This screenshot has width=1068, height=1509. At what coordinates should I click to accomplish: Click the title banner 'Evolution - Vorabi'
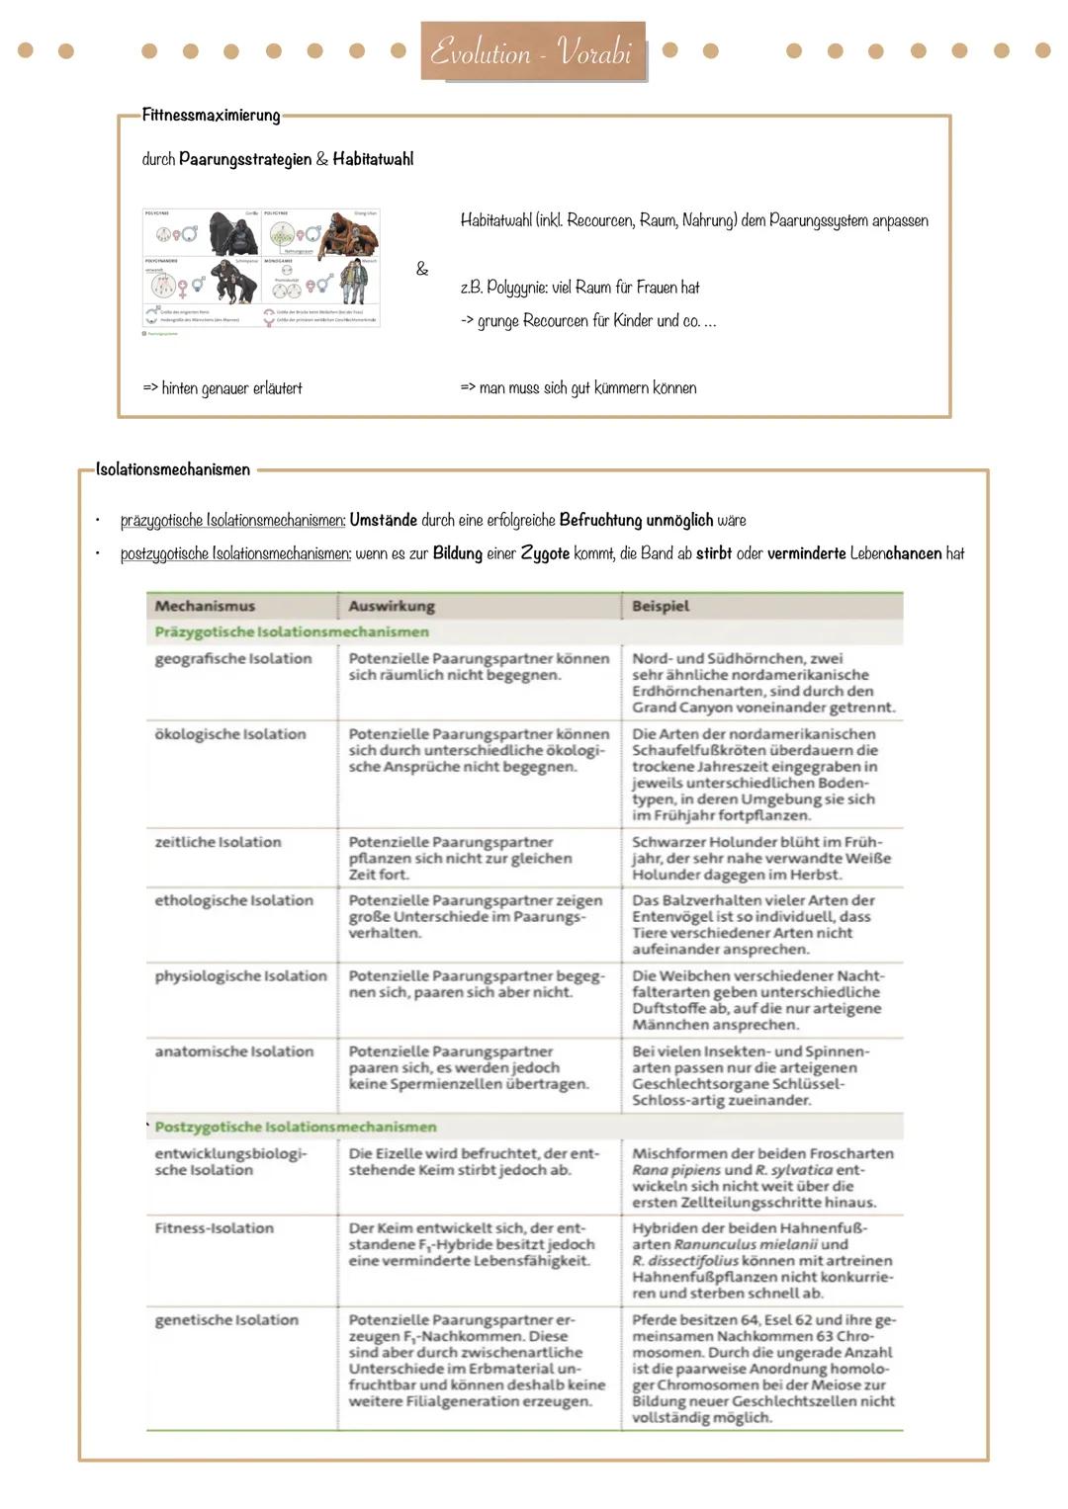click(x=532, y=51)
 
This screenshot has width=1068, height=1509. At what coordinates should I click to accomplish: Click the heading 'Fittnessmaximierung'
click(x=211, y=115)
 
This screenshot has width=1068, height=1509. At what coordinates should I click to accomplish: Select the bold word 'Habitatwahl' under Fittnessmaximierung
click(x=373, y=159)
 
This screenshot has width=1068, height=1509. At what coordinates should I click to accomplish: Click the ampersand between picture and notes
click(x=422, y=269)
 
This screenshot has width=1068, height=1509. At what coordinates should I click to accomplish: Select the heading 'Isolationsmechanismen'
click(x=173, y=469)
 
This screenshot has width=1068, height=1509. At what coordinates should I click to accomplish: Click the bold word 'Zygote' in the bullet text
click(x=545, y=553)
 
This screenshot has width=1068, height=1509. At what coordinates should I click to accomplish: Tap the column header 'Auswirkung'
click(x=392, y=606)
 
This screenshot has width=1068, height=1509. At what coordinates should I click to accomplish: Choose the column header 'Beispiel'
click(x=661, y=606)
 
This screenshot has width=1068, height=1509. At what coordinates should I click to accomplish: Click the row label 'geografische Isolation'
click(x=233, y=659)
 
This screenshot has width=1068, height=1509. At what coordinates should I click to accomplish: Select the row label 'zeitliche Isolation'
click(x=218, y=842)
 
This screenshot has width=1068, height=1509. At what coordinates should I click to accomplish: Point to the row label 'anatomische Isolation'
click(x=233, y=1051)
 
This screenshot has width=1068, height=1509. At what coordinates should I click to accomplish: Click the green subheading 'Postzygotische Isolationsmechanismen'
click(x=295, y=1127)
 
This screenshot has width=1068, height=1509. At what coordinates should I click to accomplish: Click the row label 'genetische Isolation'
click(x=226, y=1320)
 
